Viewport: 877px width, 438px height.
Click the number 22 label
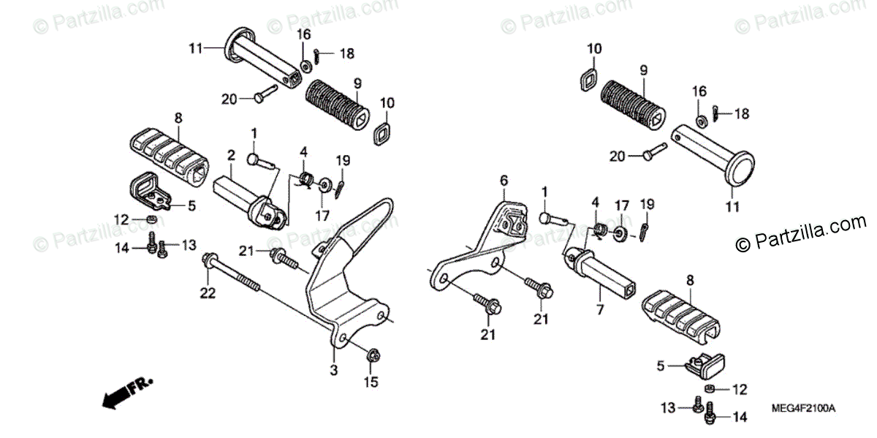[x=208, y=292]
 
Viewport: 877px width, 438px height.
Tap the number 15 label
[x=371, y=381]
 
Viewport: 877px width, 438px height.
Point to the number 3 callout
[x=333, y=371]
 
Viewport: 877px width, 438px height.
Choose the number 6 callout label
[x=503, y=180]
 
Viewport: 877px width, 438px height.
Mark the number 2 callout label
[x=231, y=155]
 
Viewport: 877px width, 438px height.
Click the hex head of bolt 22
[x=210, y=260]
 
